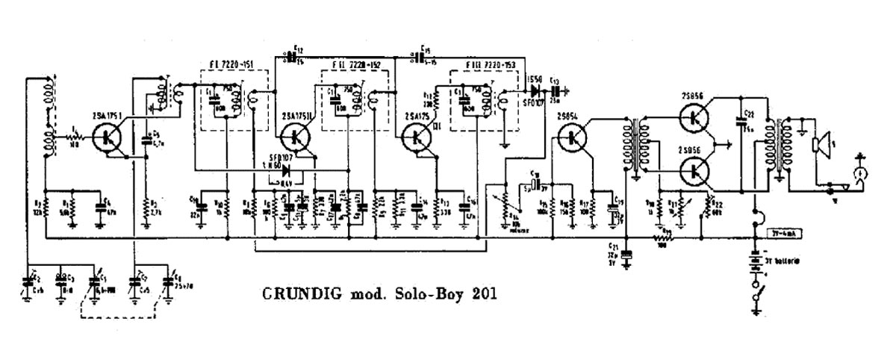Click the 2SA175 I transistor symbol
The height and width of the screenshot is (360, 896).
pyautogui.click(x=109, y=138)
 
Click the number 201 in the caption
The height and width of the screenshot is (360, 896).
pyautogui.click(x=479, y=292)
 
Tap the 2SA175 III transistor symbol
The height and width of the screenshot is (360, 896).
pyautogui.click(x=416, y=138)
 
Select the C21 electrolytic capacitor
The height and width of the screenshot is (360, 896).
pyautogui.click(x=626, y=254)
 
